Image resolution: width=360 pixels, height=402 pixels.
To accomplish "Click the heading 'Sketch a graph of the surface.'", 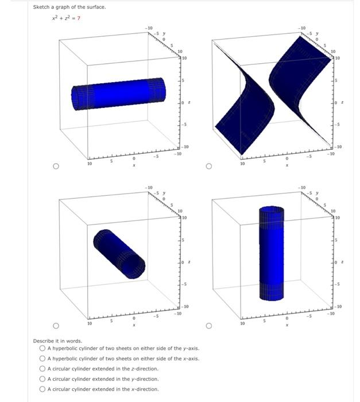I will tap(69, 7).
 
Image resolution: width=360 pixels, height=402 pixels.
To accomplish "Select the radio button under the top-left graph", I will tap(56, 167).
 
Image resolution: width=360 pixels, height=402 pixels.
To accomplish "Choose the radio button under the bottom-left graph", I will tap(56, 327).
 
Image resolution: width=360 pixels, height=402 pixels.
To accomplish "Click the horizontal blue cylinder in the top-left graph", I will tap(118, 92).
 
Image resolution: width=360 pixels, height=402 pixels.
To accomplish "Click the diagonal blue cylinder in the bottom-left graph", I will tap(119, 253).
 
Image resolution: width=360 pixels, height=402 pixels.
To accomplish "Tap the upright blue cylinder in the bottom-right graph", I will tap(271, 253).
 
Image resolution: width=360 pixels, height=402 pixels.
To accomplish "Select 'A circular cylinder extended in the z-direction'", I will tap(43, 369).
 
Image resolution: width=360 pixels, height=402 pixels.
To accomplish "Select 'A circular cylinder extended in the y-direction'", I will tap(43, 379).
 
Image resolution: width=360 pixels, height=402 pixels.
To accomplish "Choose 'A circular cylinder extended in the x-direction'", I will tap(43, 389).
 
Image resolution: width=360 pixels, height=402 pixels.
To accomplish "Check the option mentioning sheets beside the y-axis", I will tap(43, 349).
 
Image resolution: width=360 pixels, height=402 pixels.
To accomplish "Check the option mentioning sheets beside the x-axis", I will tap(43, 358).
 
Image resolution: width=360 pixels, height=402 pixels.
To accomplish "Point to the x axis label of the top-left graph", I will tap(134, 166).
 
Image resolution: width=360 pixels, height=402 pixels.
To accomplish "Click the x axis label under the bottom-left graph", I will tap(134, 326).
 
